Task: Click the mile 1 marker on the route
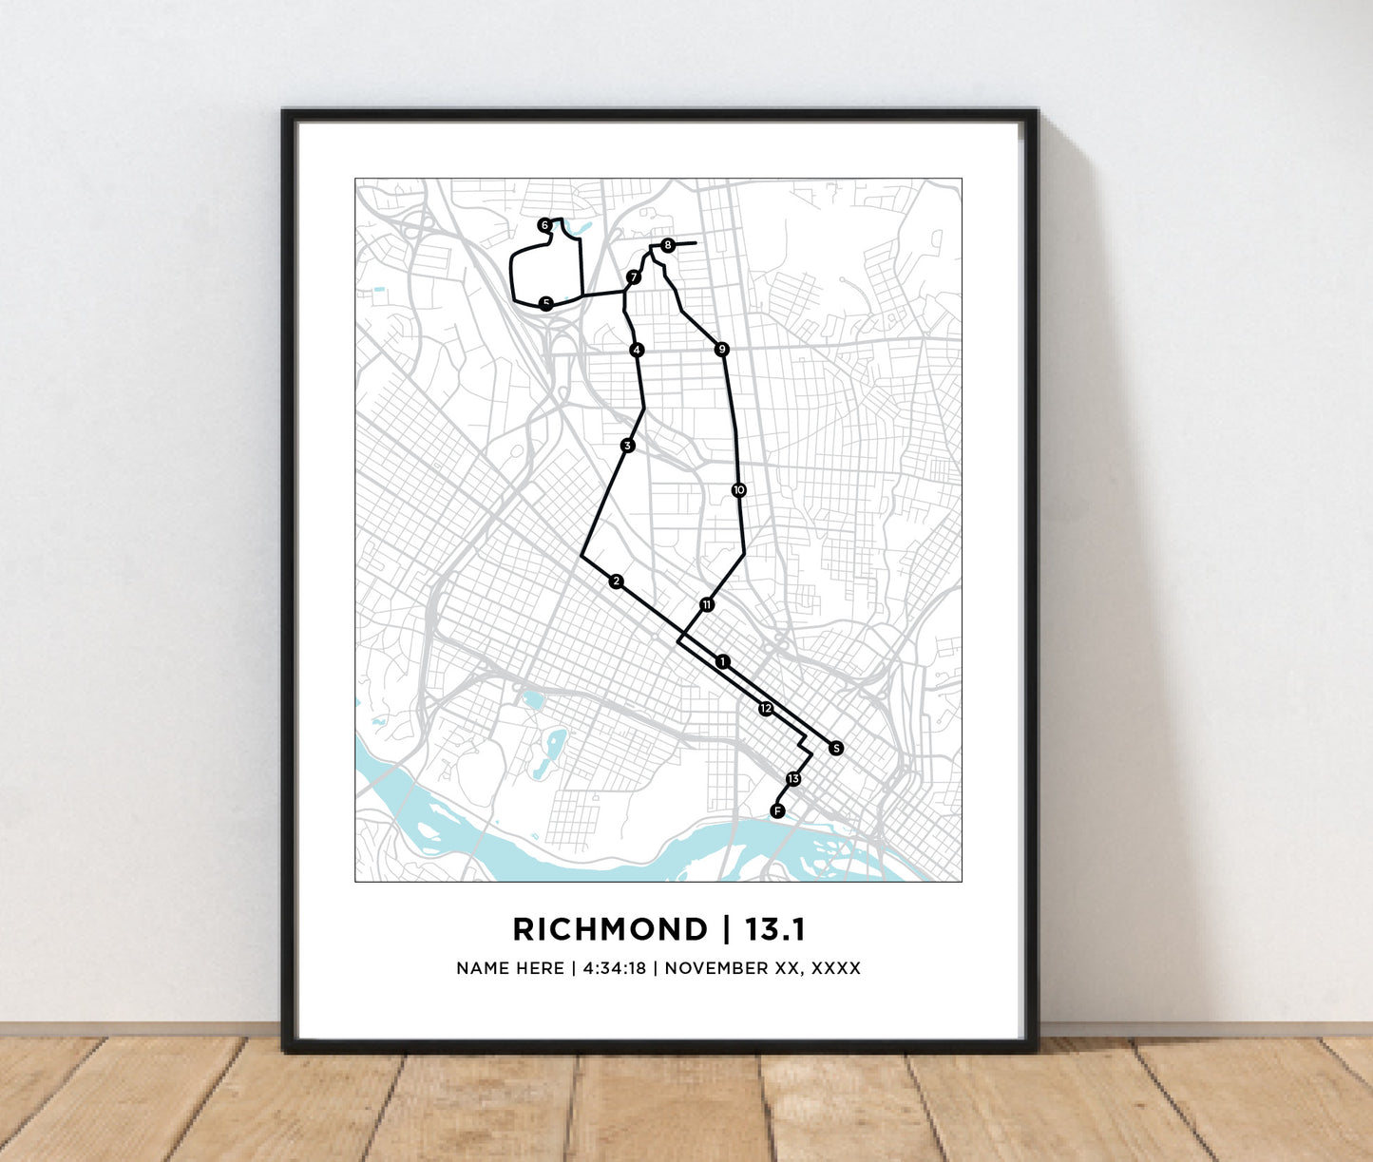(723, 661)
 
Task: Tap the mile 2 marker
(617, 581)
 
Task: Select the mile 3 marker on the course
(627, 446)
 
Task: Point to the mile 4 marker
(637, 350)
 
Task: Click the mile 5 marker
(545, 304)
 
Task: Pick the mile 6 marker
(544, 225)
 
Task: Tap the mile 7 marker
(633, 277)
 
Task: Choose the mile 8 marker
(668, 245)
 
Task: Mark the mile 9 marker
(722, 350)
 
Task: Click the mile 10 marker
(739, 490)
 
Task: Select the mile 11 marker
(707, 604)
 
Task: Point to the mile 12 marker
(766, 709)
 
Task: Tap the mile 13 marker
(793, 779)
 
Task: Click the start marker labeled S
(836, 748)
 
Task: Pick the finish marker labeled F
(777, 810)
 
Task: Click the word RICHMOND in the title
(610, 929)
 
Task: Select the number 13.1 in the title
(775, 929)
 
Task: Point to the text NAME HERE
(510, 968)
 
